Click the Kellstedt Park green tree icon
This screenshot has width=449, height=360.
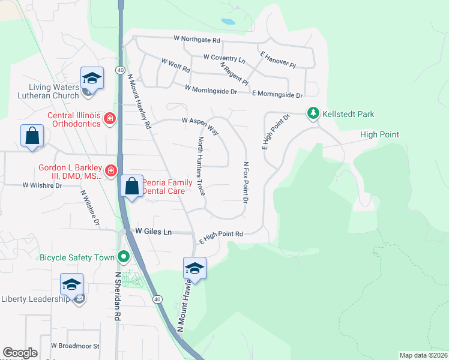pyautogui.click(x=313, y=113)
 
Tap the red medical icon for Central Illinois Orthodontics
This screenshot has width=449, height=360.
pyautogui.click(x=109, y=119)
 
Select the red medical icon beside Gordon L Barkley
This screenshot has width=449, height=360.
pyautogui.click(x=110, y=172)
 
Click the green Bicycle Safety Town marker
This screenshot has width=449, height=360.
pyautogui.click(x=124, y=257)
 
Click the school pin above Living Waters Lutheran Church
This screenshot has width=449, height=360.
pyautogui.click(x=92, y=78)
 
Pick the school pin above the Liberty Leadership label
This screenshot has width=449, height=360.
pyautogui.click(x=71, y=284)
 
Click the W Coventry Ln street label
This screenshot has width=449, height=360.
pyautogui.click(x=224, y=58)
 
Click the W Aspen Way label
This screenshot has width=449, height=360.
pyautogui.click(x=200, y=124)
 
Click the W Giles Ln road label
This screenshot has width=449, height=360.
pyautogui.click(x=153, y=231)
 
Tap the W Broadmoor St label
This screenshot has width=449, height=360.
pyautogui.click(x=75, y=346)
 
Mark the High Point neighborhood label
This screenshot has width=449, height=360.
pyautogui.click(x=379, y=134)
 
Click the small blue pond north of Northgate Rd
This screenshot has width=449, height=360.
pyautogui.click(x=228, y=22)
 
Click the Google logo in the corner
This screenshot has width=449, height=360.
pyautogui.click(x=20, y=353)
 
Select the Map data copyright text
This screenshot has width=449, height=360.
pyautogui.click(x=423, y=355)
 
